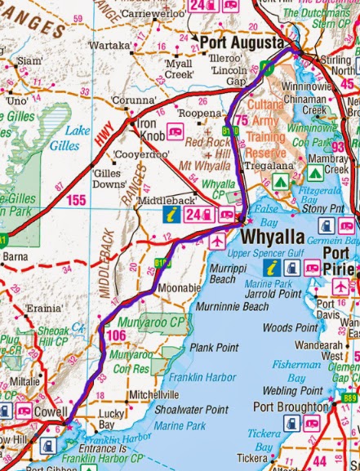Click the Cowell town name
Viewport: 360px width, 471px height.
point(50,411)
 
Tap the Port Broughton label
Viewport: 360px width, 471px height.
point(291,406)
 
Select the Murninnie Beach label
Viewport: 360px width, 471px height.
point(233,307)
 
